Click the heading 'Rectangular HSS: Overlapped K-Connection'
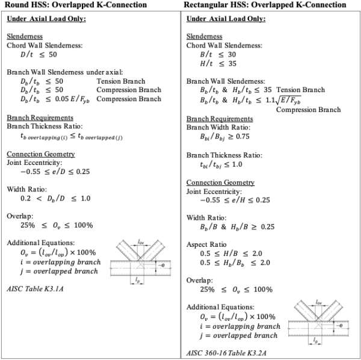pos(267,5)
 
